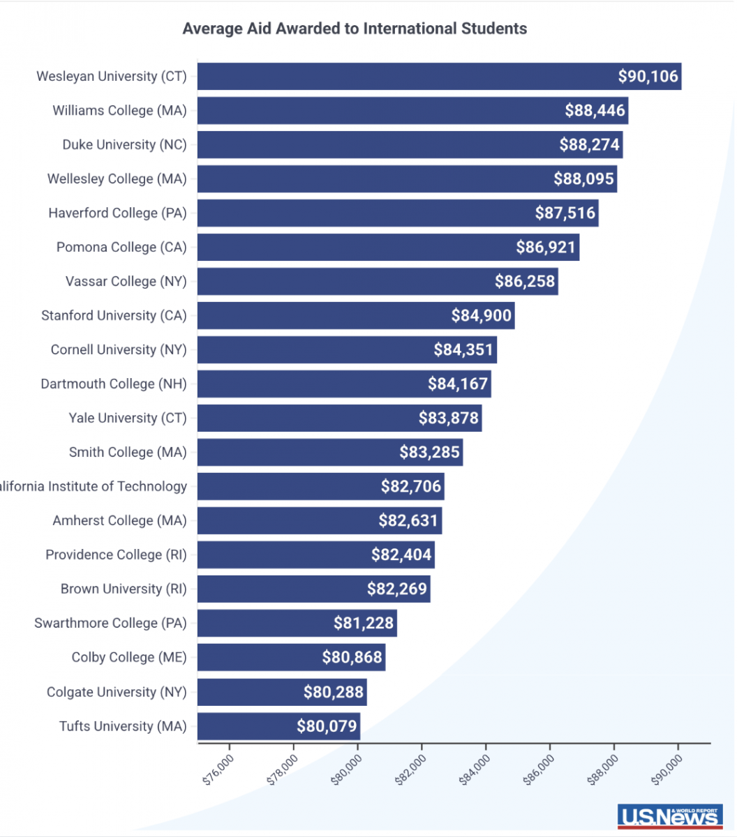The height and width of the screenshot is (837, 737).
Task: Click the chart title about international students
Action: click(x=355, y=29)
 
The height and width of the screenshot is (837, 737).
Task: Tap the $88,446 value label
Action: click(x=595, y=110)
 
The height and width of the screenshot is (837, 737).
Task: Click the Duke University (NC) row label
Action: click(x=125, y=144)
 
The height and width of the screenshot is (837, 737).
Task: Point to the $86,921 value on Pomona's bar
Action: click(x=546, y=247)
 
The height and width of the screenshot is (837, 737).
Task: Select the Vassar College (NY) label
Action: click(x=126, y=281)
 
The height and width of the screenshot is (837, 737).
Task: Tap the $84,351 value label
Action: click(x=463, y=349)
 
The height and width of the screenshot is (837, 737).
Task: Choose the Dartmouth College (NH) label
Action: click(x=114, y=384)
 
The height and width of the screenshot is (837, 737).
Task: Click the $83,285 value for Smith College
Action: click(x=429, y=452)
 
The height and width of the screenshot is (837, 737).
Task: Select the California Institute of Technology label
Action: click(x=94, y=486)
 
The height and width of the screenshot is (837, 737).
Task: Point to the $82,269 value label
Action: click(x=396, y=589)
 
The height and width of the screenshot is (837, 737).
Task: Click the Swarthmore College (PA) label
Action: click(x=110, y=623)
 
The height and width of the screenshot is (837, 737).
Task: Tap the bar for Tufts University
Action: click(x=244, y=726)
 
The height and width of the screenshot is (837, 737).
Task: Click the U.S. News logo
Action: click(x=668, y=816)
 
